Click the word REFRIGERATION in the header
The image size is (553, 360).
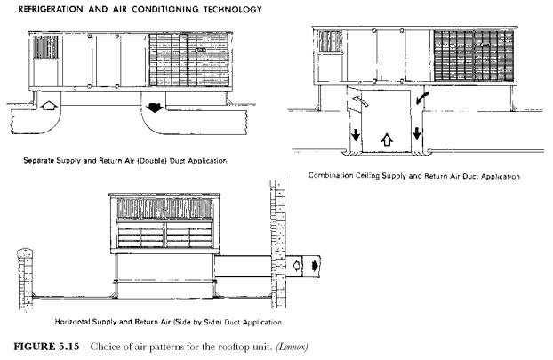point(51,10)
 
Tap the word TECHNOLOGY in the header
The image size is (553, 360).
point(232,10)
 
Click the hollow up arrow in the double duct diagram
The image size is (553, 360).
point(49,106)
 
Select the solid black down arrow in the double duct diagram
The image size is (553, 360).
point(155,108)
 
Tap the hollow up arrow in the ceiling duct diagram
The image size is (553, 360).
point(387,140)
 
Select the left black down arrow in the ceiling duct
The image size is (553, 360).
point(356,134)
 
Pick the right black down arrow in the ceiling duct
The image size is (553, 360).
point(417,133)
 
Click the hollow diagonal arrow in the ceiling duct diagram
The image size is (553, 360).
point(360,100)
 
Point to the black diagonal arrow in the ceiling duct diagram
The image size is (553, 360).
point(422,98)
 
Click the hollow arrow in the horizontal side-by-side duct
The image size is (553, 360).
point(297,265)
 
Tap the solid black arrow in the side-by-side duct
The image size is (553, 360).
point(315,265)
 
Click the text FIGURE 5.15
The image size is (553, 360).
point(46,347)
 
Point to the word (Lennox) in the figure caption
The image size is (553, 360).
point(292,347)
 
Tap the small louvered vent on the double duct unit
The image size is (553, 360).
point(45,47)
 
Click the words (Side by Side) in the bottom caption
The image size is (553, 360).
point(197,322)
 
